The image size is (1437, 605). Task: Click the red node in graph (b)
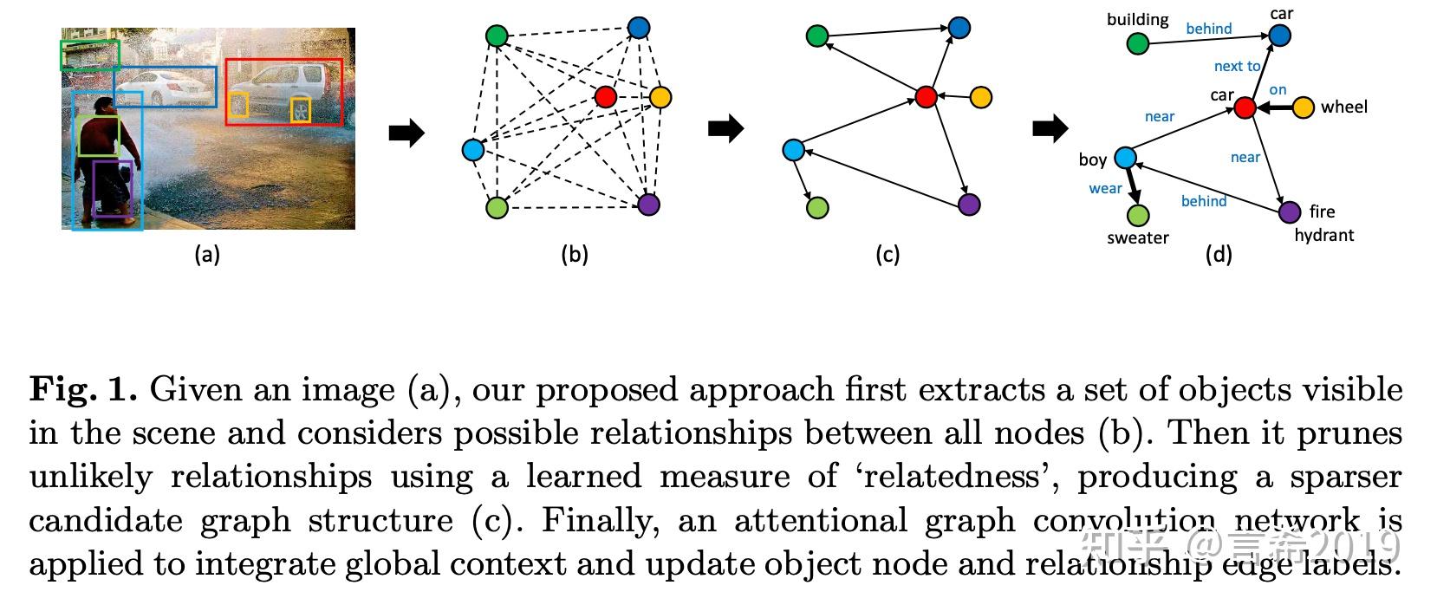(x=606, y=96)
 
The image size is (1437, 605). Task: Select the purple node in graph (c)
(x=969, y=205)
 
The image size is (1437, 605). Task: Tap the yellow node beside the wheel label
(x=1303, y=107)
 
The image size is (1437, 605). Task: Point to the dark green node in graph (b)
(x=496, y=36)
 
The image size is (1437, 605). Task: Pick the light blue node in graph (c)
(x=793, y=150)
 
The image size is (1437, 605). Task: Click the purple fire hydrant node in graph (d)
(x=1290, y=211)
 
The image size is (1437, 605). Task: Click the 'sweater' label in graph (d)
(x=1137, y=238)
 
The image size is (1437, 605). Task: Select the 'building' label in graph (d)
(x=1137, y=19)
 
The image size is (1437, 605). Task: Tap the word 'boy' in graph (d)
(x=1092, y=159)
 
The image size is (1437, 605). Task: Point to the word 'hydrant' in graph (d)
(x=1323, y=235)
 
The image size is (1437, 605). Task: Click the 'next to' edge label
(x=1237, y=66)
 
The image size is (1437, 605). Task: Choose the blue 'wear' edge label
(x=1105, y=188)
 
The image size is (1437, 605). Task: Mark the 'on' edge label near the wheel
(x=1278, y=89)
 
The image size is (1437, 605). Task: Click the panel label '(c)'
(x=888, y=254)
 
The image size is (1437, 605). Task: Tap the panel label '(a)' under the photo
(x=207, y=254)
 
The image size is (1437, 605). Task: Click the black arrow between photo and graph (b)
(x=406, y=133)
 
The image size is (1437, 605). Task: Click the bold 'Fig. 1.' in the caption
(x=83, y=389)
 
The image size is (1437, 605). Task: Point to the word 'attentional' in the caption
(x=820, y=520)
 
